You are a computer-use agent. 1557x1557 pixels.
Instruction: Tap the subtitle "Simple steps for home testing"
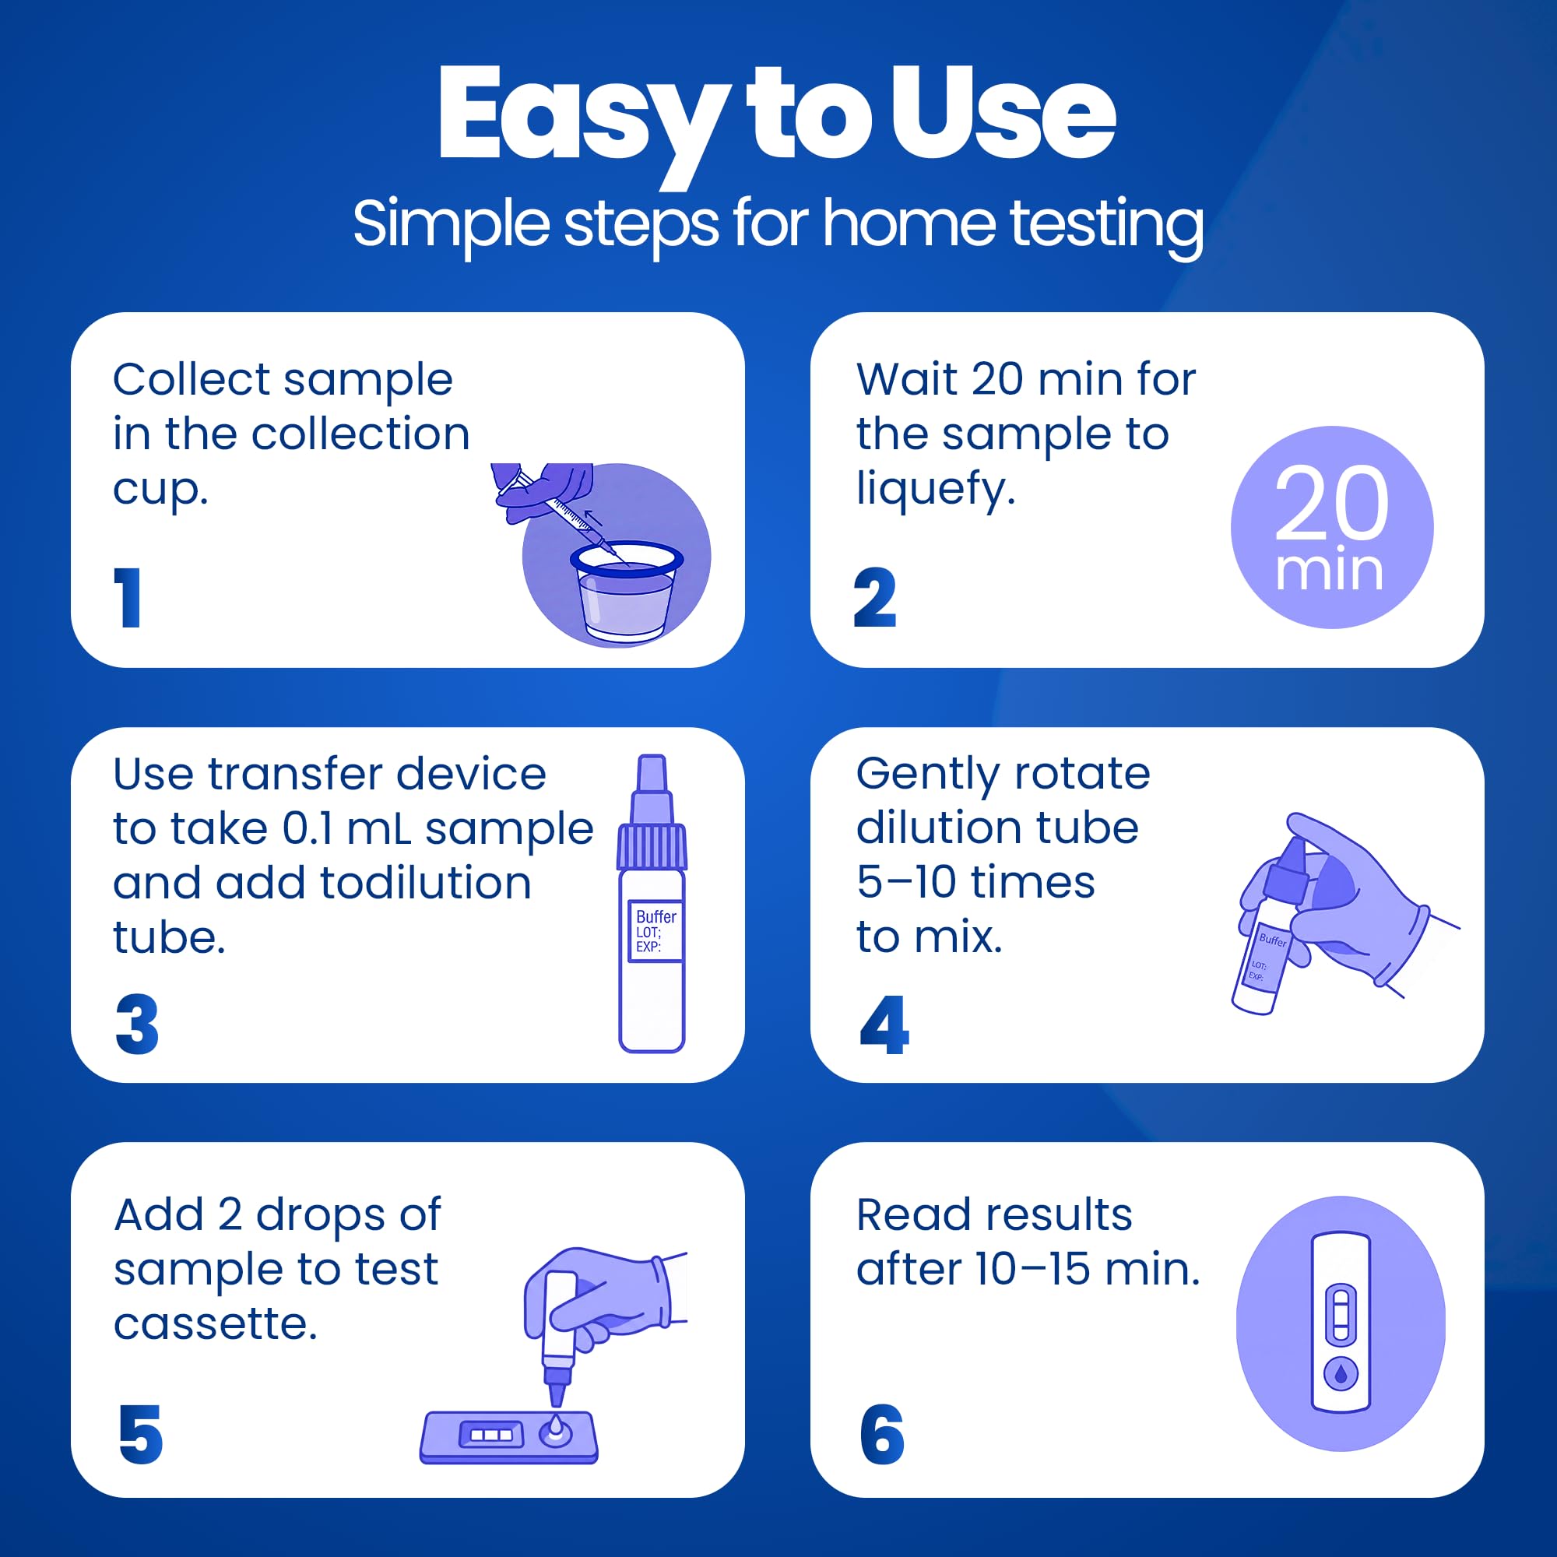[x=778, y=225]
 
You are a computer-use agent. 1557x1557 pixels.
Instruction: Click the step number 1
[x=128, y=597]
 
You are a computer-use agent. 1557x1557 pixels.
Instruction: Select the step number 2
[x=874, y=597]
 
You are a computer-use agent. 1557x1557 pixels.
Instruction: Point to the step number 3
[x=138, y=1024]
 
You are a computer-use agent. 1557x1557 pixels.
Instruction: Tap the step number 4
[x=884, y=1024]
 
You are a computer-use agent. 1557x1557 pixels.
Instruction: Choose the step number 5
[x=140, y=1435]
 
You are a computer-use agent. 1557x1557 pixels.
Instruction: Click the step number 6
[x=883, y=1435]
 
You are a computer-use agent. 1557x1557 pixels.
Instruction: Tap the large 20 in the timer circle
[x=1331, y=503]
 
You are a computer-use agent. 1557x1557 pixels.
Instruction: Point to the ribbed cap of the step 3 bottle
[x=652, y=845]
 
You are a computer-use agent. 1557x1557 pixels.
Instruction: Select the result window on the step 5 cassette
[x=490, y=1435]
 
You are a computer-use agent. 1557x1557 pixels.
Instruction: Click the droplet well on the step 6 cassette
[x=1341, y=1373]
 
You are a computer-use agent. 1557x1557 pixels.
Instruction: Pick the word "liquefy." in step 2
[x=936, y=489]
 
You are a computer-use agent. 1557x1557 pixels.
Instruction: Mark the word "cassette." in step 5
[x=216, y=1323]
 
